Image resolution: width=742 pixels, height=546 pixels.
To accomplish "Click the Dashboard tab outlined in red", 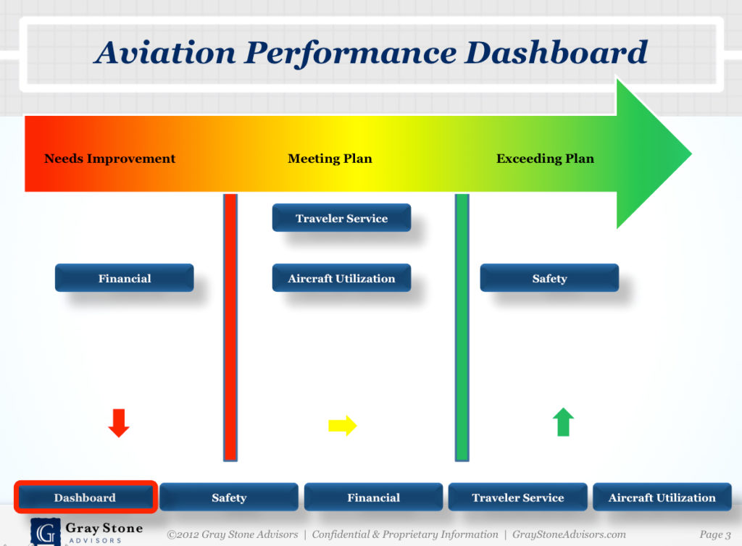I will [x=85, y=497].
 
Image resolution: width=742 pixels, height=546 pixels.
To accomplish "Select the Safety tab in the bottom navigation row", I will [x=229, y=497].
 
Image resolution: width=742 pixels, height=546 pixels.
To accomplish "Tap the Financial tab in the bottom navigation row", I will [x=373, y=497].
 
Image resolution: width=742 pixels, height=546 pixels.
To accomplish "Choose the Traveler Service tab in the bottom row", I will [x=517, y=497].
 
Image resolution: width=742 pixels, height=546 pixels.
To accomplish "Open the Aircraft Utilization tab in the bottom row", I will [x=662, y=497].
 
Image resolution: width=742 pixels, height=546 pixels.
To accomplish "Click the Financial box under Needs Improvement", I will [x=125, y=278].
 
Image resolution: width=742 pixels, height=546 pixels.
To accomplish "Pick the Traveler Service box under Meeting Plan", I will [x=341, y=218].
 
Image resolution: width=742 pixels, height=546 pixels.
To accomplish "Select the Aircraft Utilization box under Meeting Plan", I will [x=341, y=278].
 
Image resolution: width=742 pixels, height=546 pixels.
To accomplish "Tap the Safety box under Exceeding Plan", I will [x=549, y=278].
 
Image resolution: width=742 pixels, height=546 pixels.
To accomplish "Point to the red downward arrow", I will [x=119, y=422].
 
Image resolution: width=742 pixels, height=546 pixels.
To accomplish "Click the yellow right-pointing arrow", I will [x=342, y=425].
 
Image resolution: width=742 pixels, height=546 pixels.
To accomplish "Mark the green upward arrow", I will [x=563, y=422].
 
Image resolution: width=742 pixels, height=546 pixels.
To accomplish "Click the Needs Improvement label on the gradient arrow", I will [x=109, y=159].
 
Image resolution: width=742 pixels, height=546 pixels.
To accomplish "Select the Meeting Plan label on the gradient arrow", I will [x=330, y=159].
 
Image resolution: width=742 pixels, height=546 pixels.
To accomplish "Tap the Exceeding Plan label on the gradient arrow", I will [x=545, y=159].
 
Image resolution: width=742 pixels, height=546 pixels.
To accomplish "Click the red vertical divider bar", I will [x=230, y=326].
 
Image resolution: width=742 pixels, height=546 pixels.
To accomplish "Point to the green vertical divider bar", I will [x=462, y=326].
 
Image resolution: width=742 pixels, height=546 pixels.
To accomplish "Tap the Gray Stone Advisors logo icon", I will [x=45, y=531].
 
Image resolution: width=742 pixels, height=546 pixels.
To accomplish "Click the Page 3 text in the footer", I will [x=714, y=534].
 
